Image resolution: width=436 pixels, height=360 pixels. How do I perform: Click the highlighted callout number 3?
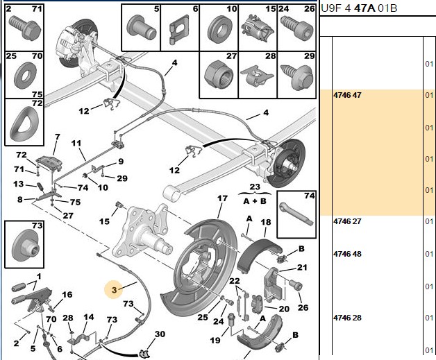[115, 290]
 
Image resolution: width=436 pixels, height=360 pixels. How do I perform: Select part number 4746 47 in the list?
[347, 95]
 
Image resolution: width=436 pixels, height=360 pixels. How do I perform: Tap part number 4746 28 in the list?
[347, 318]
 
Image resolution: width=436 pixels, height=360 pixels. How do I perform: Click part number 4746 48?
[347, 254]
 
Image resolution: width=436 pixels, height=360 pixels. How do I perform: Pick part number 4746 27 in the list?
[347, 221]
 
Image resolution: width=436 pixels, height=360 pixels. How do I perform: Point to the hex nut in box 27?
[218, 75]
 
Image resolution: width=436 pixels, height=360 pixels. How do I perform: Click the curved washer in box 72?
[24, 123]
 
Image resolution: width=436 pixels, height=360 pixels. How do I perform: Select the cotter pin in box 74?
[296, 214]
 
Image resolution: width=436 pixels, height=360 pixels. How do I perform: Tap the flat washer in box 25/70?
[25, 76]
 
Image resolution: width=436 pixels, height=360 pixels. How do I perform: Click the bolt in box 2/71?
[25, 28]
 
